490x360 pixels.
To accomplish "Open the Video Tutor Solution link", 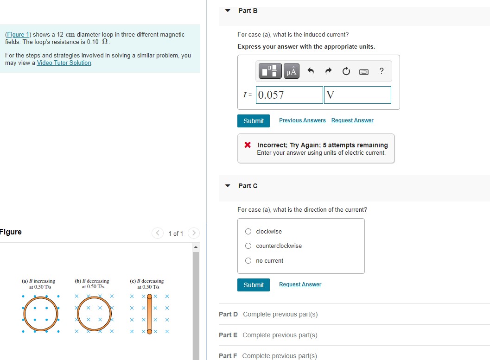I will click(x=64, y=63).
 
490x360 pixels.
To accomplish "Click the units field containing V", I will click(x=357, y=95).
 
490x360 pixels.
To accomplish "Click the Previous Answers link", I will click(x=302, y=120).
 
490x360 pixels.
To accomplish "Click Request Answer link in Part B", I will click(x=352, y=120).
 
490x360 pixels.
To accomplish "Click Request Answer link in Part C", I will click(x=300, y=284).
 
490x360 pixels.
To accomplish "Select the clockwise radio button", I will click(x=248, y=232).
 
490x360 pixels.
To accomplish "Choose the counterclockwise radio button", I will click(x=248, y=246).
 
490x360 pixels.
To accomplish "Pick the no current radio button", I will click(x=248, y=261).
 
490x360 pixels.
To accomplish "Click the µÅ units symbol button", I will click(x=292, y=71).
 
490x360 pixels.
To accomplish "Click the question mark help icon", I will click(x=381, y=71).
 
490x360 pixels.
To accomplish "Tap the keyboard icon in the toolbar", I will click(x=364, y=71).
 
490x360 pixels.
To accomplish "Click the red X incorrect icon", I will click(x=248, y=145).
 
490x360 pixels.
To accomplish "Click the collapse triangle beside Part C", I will click(x=228, y=186).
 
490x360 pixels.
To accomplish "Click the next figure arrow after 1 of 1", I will click(x=194, y=233).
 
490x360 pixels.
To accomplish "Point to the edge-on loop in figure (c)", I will click(x=150, y=314).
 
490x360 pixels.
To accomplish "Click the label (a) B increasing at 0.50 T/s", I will click(x=38, y=284).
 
